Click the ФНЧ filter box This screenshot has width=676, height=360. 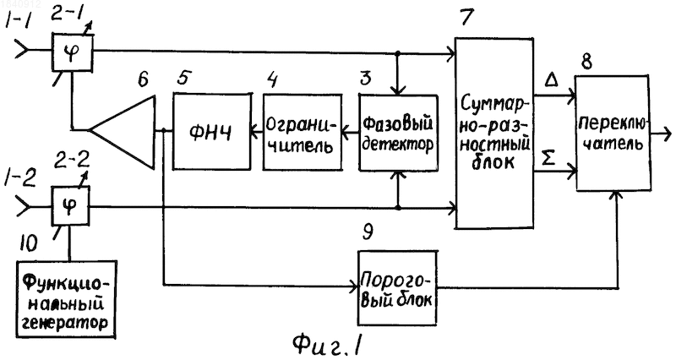point(212,131)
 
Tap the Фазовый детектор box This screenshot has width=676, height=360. point(398,133)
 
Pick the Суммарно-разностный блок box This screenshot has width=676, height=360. point(495,133)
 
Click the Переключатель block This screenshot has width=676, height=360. point(612,134)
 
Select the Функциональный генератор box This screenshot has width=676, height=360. point(67,300)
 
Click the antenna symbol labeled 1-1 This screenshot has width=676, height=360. point(22,50)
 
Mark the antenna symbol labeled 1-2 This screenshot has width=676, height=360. point(23,207)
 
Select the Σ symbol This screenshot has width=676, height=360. point(548,159)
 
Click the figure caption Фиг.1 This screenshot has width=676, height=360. point(327,344)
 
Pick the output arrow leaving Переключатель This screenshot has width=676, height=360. point(661,134)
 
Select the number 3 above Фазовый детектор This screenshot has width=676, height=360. point(366,79)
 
